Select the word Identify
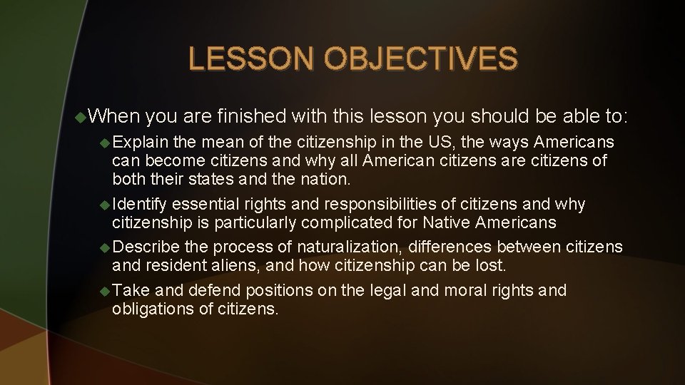coord(139,205)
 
